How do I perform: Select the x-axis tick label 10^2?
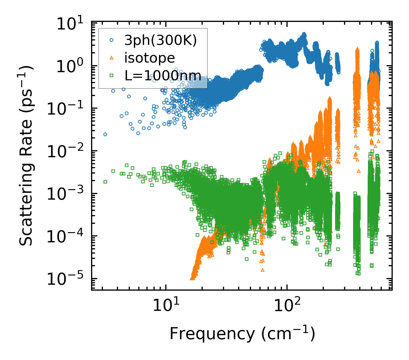tap(286, 306)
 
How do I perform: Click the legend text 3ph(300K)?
tap(161, 41)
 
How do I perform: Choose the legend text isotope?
tap(150, 58)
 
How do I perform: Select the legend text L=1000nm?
tap(163, 75)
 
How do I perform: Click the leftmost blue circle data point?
tap(105, 134)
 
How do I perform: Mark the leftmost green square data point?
tap(105, 182)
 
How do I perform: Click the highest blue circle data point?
tap(304, 34)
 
